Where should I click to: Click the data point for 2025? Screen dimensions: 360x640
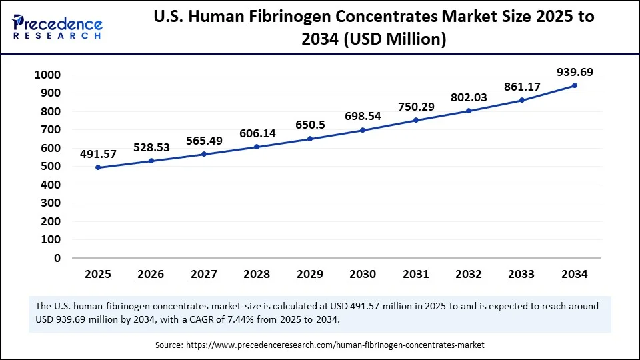click(x=98, y=167)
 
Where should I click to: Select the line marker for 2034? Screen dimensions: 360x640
click(x=575, y=85)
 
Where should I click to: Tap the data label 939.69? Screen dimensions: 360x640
click(x=575, y=72)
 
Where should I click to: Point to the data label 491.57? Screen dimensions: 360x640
click(x=98, y=154)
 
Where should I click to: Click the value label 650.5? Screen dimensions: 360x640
click(x=310, y=125)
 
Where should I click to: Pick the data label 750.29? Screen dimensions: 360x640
click(x=416, y=107)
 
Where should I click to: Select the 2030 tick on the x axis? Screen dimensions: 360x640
click(x=363, y=274)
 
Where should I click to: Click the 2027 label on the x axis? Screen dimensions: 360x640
click(x=204, y=274)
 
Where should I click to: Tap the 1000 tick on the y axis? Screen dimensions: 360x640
click(x=47, y=75)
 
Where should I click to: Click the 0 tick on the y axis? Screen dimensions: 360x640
click(x=57, y=258)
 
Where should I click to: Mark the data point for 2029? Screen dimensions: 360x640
click(x=310, y=139)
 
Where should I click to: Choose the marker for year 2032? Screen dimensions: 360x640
click(x=469, y=111)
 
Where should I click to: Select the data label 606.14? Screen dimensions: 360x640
click(x=257, y=133)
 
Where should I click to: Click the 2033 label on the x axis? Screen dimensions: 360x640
click(x=521, y=274)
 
